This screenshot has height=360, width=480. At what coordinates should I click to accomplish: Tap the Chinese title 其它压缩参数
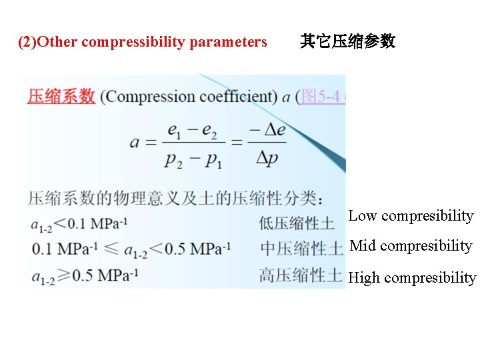[347, 42]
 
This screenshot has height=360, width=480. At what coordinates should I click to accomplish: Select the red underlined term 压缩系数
[61, 97]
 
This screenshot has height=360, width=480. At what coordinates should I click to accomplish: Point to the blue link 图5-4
[321, 97]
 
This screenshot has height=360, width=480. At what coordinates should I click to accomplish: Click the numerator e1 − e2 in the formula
[192, 131]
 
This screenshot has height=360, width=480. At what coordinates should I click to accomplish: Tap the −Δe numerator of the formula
[267, 130]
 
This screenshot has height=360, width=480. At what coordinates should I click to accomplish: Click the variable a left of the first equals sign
[135, 143]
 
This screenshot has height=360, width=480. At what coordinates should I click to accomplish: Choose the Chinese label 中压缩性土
[301, 249]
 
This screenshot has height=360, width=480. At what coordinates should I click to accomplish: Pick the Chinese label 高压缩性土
[301, 275]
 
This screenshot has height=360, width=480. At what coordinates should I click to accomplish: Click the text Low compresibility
[411, 216]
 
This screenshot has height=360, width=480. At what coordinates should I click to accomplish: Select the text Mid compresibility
[411, 246]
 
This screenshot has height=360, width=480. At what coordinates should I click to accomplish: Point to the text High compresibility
[412, 278]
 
